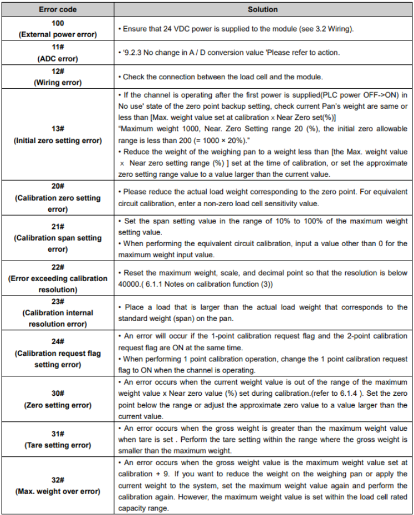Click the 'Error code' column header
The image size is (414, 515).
(58, 9)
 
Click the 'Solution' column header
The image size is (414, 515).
(263, 9)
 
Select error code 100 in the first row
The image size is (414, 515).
(58, 23)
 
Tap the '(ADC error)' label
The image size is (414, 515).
(58, 58)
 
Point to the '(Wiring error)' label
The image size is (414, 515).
(58, 83)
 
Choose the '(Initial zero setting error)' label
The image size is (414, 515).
(58, 141)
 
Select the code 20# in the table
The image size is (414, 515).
(58, 187)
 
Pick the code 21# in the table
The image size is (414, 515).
(58, 227)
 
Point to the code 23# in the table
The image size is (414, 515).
(58, 301)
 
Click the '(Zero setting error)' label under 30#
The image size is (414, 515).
(58, 405)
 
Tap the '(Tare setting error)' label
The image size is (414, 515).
(58, 445)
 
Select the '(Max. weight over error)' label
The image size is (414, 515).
(58, 492)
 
